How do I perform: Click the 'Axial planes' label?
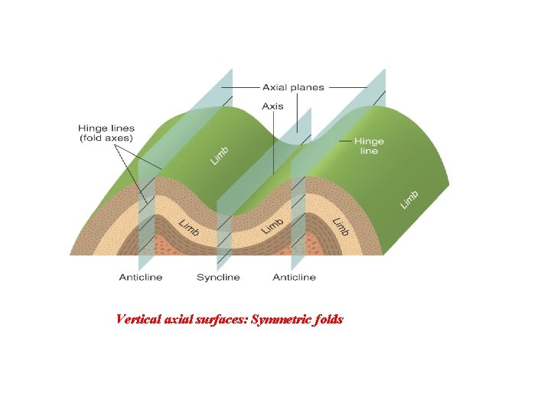293,88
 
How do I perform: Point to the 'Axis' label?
272,106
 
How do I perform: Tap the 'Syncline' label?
218,277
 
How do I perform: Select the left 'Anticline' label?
141,277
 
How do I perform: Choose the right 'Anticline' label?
294,277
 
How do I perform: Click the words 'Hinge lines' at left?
106,128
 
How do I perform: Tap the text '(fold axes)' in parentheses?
106,138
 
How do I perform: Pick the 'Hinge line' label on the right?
369,146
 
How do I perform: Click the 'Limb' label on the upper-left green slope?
220,155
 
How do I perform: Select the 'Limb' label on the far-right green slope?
410,198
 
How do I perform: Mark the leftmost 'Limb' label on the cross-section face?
189,227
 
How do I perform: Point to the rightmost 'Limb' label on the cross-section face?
341,226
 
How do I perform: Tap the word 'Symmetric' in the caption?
279,319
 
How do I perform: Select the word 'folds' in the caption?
328,319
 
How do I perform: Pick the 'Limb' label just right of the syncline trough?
273,226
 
